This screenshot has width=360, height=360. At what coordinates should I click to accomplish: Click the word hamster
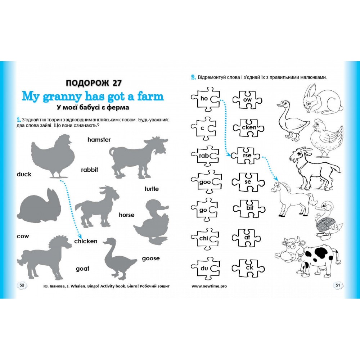(99, 140)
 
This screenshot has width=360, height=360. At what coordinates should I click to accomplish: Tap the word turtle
(152, 189)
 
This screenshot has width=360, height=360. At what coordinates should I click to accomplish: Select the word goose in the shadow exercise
(150, 258)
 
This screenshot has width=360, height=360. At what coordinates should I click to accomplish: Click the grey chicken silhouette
(53, 156)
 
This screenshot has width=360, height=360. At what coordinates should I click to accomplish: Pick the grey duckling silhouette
(152, 221)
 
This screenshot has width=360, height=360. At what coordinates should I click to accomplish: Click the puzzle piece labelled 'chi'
(205, 238)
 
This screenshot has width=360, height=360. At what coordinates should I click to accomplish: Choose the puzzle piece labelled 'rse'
(246, 156)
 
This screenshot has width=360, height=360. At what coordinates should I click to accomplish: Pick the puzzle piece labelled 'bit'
(249, 208)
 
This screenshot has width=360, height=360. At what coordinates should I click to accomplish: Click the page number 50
(22, 285)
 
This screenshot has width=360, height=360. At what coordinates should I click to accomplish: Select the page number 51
(338, 285)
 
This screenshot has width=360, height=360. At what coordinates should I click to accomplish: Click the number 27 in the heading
(117, 83)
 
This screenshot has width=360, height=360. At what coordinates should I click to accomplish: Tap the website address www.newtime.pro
(209, 286)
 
